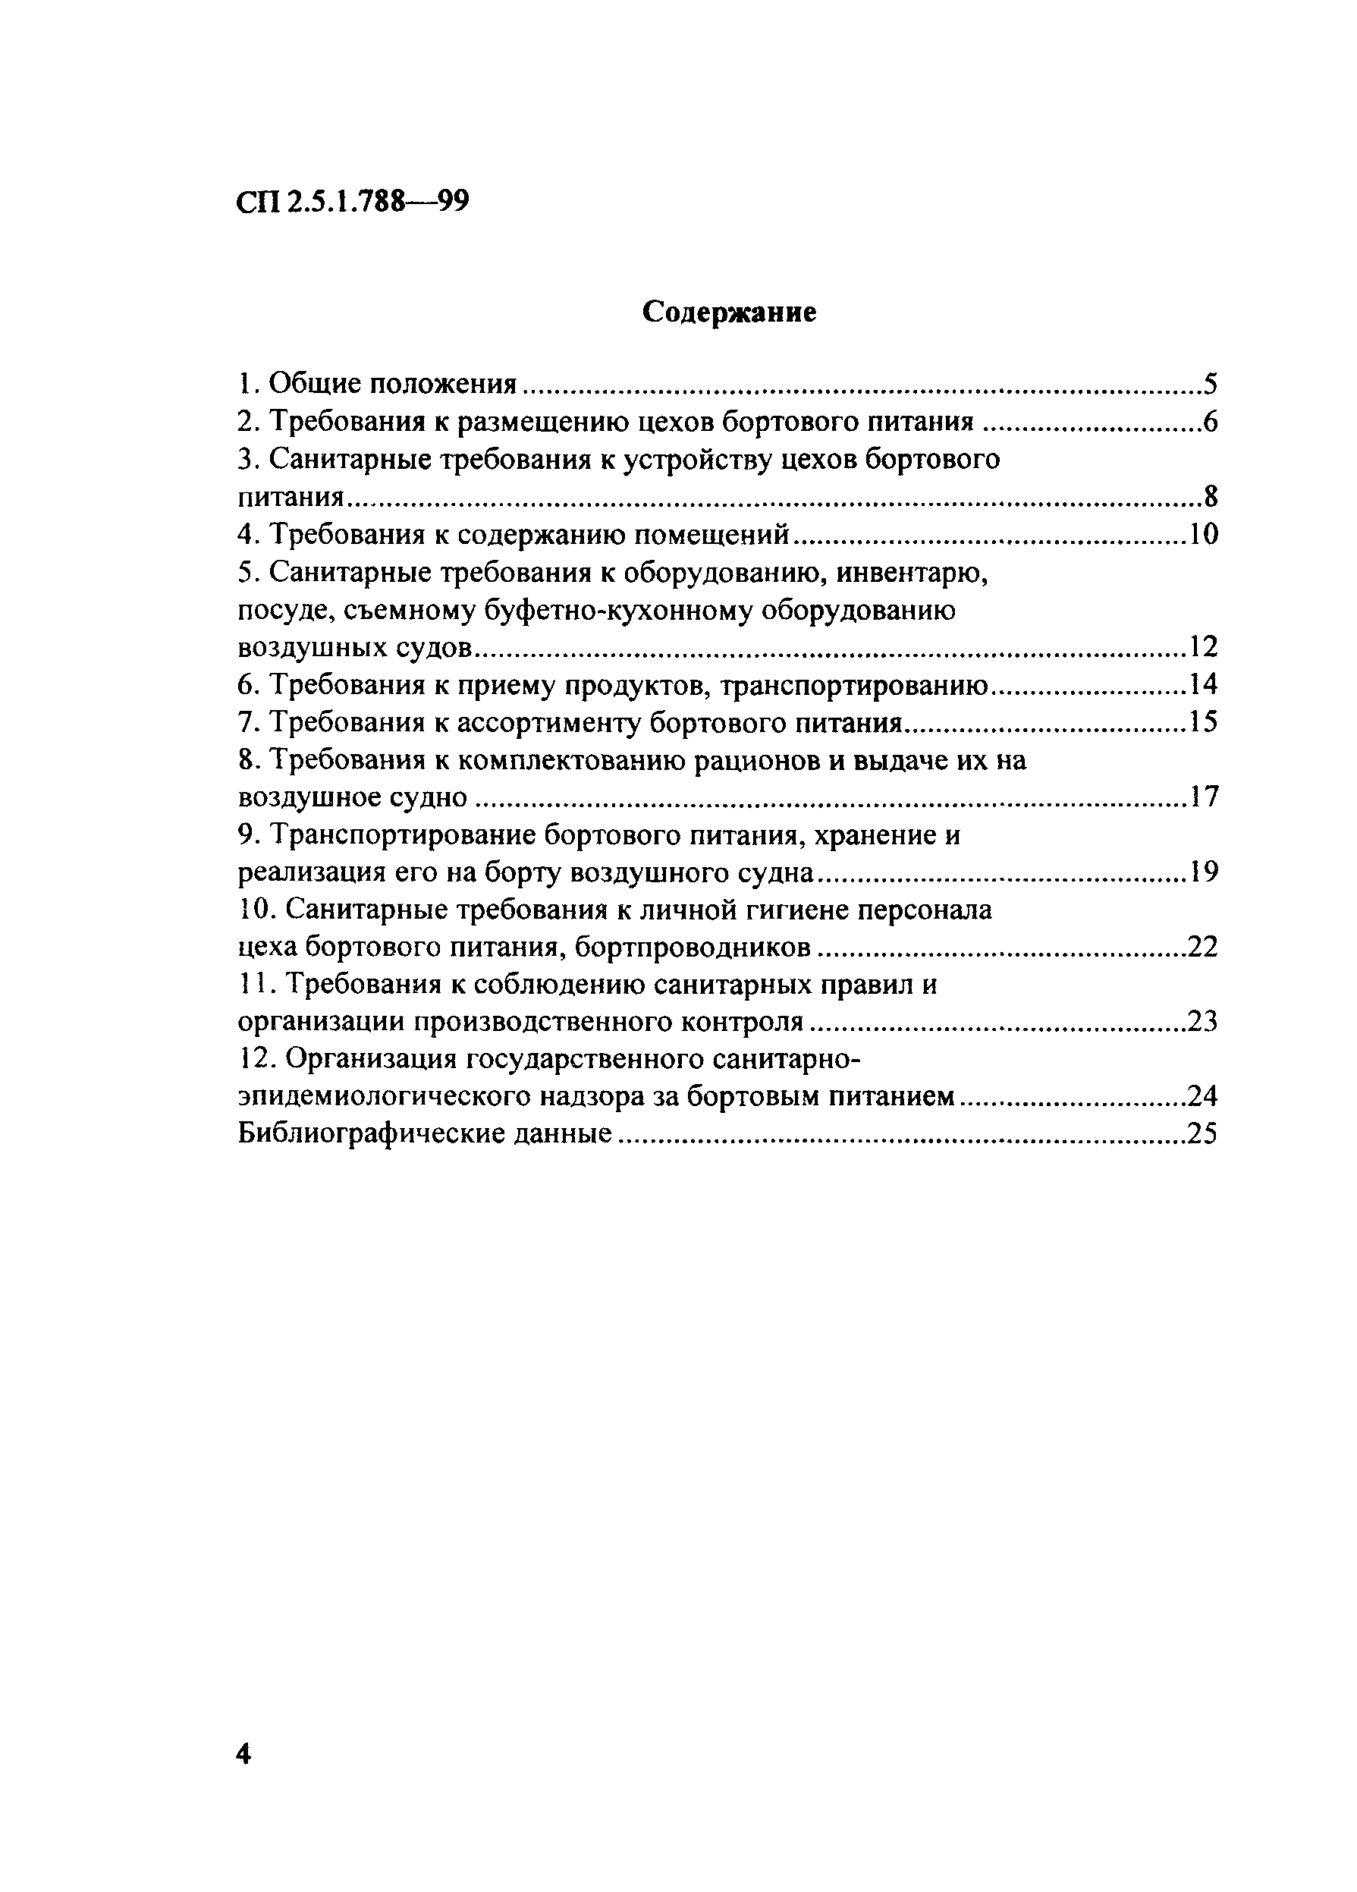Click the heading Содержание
[729, 312]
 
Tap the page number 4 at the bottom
[243, 1755]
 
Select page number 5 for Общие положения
[1210, 385]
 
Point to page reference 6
[1209, 422]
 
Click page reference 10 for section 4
[1203, 535]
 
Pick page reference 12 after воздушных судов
[1203, 646]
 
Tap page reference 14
[1203, 685]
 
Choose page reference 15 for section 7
[1203, 721]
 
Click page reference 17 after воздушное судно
[1203, 797]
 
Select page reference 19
[1203, 872]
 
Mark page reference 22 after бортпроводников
[1202, 948]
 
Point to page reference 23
[1202, 1022]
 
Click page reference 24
[1202, 1096]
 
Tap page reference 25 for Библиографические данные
[1202, 1133]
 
